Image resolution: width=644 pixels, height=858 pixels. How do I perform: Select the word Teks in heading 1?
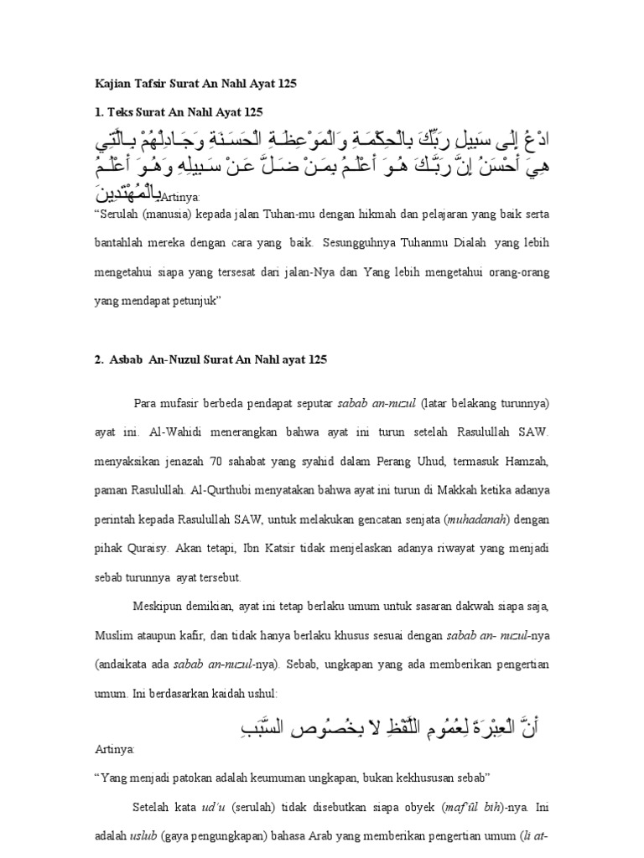(120, 112)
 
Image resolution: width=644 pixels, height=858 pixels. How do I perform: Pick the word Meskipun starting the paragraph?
(158, 606)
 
